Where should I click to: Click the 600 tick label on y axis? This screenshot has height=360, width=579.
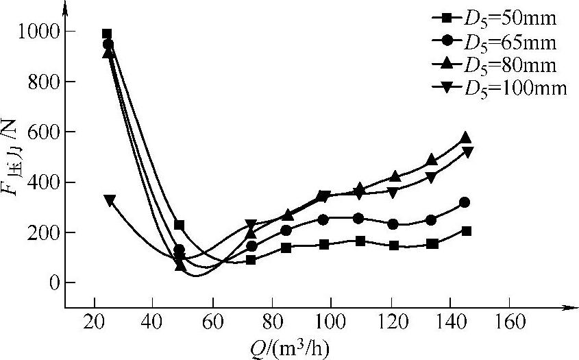pos(40,132)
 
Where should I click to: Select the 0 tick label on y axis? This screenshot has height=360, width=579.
pos(50,283)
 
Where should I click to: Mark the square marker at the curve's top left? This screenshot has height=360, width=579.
pos(107,34)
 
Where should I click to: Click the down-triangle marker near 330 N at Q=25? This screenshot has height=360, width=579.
pos(110,200)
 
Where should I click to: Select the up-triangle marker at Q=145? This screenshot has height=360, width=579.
pos(466,138)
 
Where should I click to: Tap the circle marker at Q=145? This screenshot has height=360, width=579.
pos(465,202)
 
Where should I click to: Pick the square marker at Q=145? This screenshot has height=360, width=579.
pos(467,231)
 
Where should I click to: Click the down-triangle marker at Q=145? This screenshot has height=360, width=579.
pos(467,152)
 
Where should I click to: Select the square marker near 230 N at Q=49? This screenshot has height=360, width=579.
pos(180,225)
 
